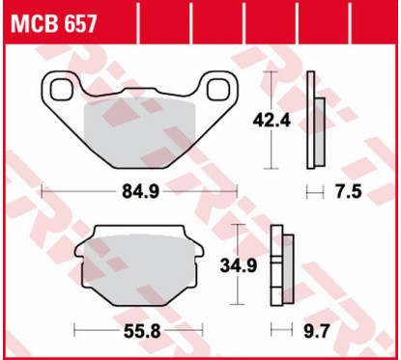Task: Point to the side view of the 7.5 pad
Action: (x=313, y=121)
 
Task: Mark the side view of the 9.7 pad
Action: (x=278, y=263)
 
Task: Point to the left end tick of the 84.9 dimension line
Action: (x=41, y=192)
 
